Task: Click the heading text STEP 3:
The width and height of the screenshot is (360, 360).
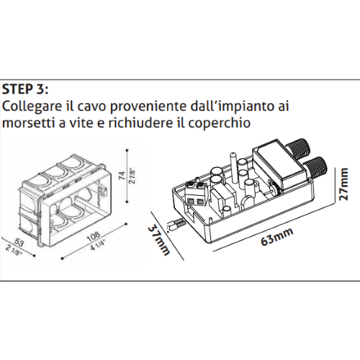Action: [x=26, y=89]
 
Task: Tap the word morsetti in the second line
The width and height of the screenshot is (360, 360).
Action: [x=28, y=123]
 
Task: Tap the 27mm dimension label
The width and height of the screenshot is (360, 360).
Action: [x=346, y=188]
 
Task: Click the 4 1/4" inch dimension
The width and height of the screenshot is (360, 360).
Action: [x=94, y=245]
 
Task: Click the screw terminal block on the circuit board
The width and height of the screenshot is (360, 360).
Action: [x=197, y=192]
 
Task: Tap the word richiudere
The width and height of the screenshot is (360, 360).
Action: [x=144, y=123]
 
